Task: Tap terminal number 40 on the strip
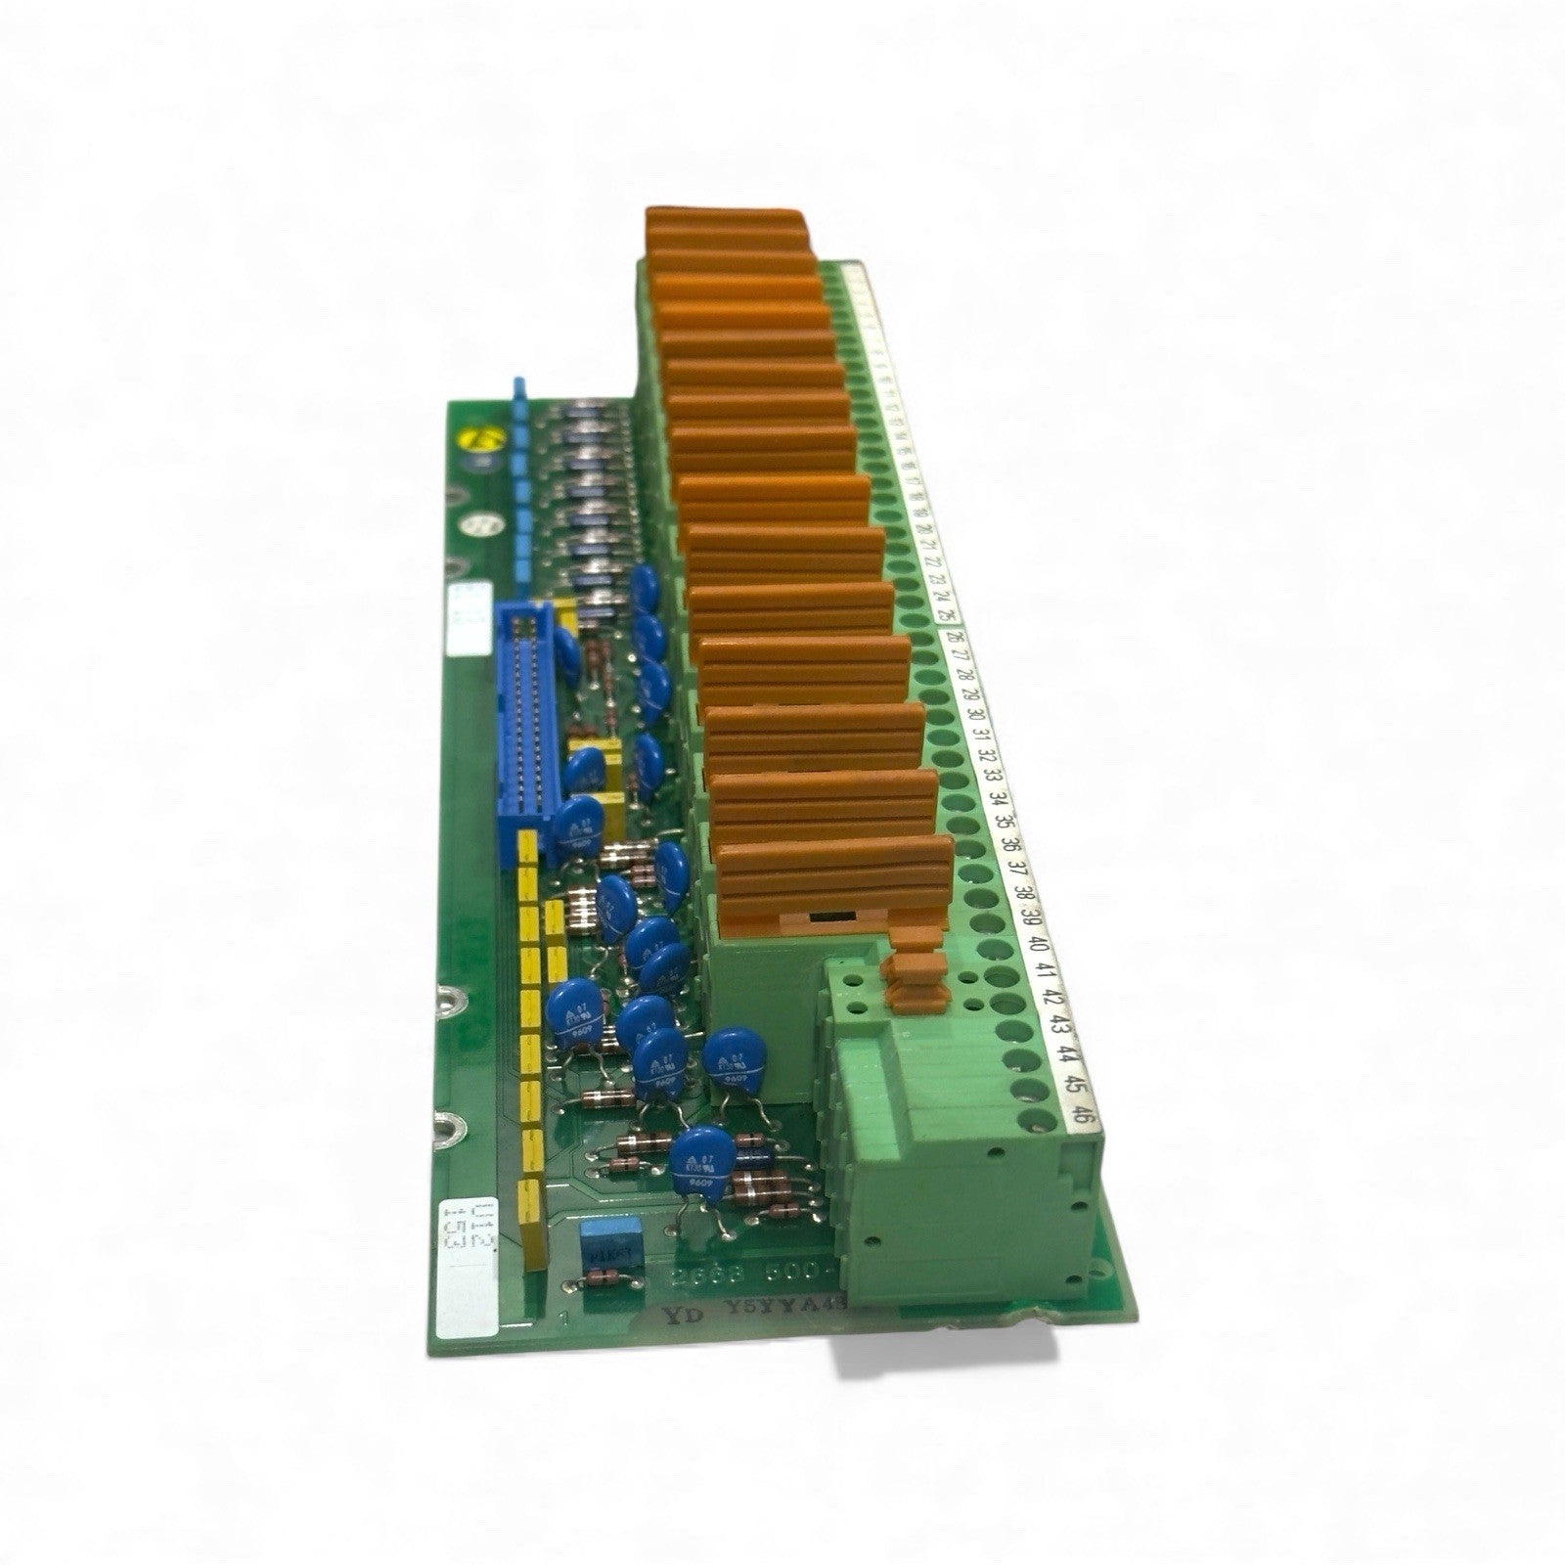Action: pos(1039,946)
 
